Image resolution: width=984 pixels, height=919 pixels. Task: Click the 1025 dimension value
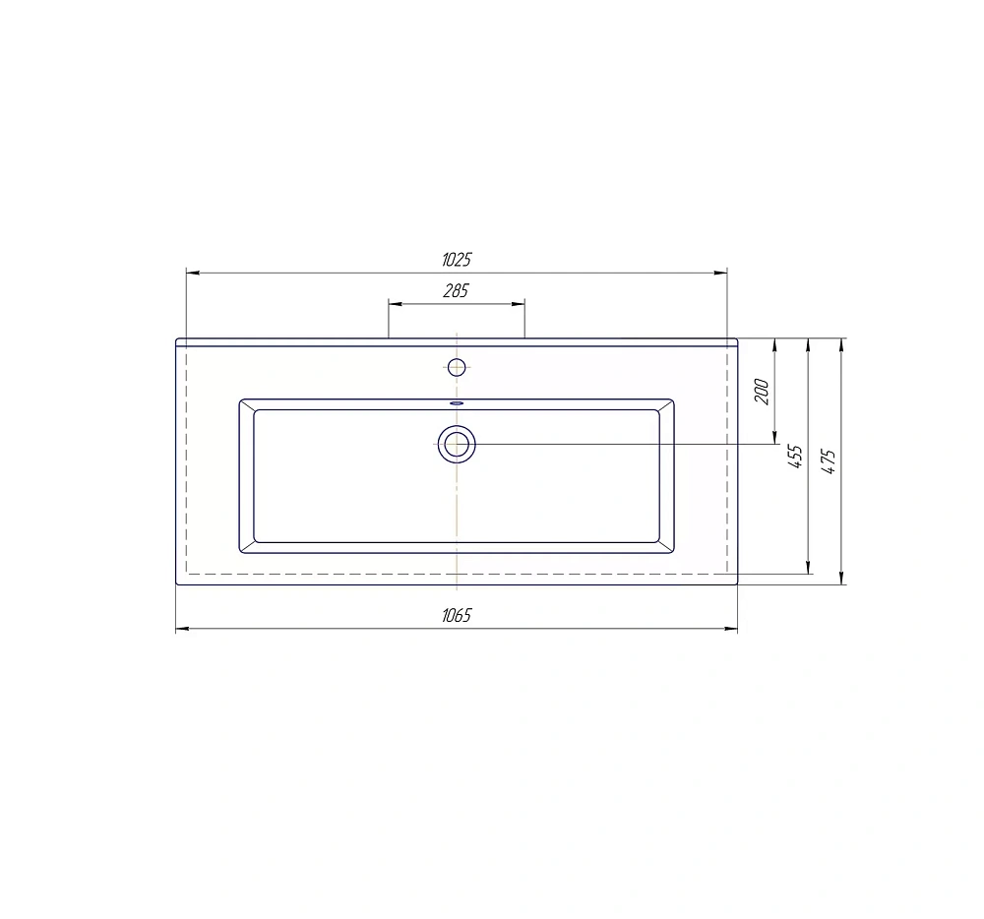point(457,259)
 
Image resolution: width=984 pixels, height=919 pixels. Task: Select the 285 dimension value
point(457,290)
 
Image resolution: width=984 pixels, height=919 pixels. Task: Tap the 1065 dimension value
point(457,615)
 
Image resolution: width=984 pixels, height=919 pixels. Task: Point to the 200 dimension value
point(762,392)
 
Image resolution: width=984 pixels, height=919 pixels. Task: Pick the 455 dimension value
point(795,457)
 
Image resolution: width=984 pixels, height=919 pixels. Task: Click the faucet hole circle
point(457,367)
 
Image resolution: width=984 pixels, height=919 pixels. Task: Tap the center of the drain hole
point(457,444)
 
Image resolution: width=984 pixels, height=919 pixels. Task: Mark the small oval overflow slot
point(457,403)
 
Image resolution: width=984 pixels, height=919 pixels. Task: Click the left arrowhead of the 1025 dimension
point(193,273)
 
